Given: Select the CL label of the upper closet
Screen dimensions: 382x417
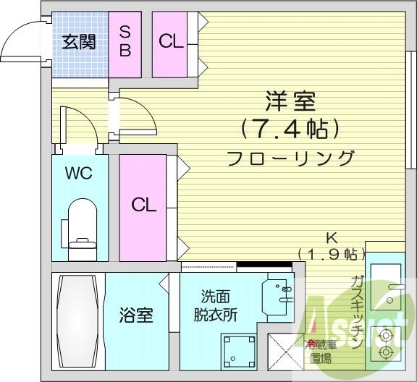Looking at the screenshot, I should pyautogui.click(x=171, y=42).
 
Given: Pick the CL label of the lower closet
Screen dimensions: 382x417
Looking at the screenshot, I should pyautogui.click(x=143, y=205).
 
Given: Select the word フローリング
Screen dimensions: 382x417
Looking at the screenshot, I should pyautogui.click(x=290, y=158).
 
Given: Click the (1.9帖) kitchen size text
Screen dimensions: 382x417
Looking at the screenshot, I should pyautogui.click(x=330, y=253).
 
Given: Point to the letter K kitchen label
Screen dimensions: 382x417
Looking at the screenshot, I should pyautogui.click(x=330, y=237).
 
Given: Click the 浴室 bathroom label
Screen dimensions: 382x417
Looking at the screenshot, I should pyautogui.click(x=135, y=315).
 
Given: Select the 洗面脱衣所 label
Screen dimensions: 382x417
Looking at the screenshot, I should pyautogui.click(x=219, y=307).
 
